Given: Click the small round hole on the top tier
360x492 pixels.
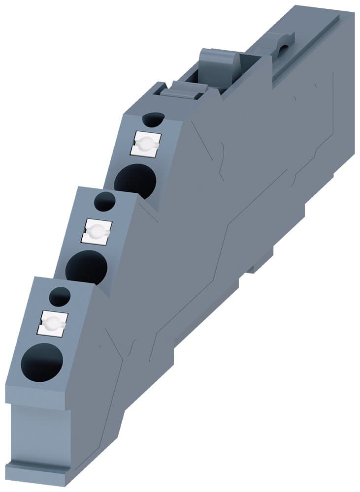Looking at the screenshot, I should click(153, 120).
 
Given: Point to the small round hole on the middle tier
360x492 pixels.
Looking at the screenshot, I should click(104, 201).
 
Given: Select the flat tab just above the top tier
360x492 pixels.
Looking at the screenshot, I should click(183, 91).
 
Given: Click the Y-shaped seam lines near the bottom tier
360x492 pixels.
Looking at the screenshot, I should click(123, 344).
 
